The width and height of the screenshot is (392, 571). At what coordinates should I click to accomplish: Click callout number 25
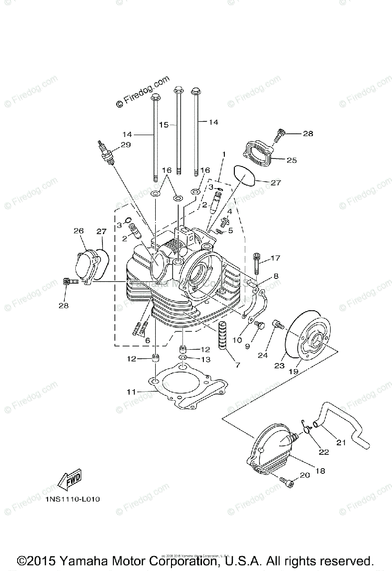[x=291, y=160]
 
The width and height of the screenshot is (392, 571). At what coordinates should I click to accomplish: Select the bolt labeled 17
[x=257, y=263]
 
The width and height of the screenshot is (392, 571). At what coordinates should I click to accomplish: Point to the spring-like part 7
[x=223, y=336]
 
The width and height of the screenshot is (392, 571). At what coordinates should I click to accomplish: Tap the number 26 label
[x=79, y=231]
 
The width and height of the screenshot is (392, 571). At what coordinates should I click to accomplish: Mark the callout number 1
[x=223, y=154]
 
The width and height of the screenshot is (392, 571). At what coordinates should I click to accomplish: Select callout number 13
[x=205, y=360]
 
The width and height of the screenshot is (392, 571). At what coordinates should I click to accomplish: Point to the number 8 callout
[x=276, y=276]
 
